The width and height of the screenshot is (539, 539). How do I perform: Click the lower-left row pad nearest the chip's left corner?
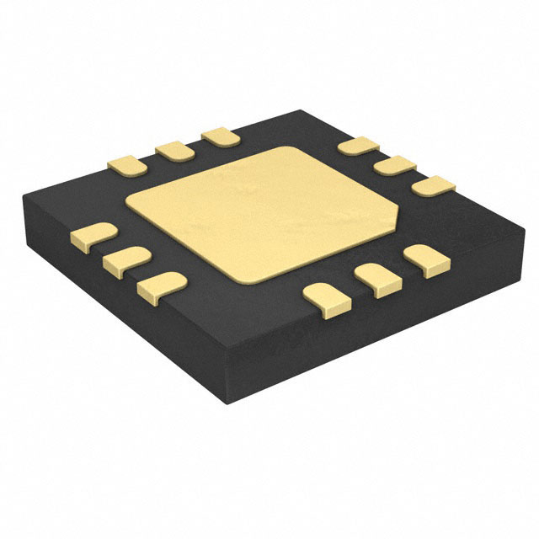[92, 236]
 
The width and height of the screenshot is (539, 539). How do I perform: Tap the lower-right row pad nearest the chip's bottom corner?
[325, 298]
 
